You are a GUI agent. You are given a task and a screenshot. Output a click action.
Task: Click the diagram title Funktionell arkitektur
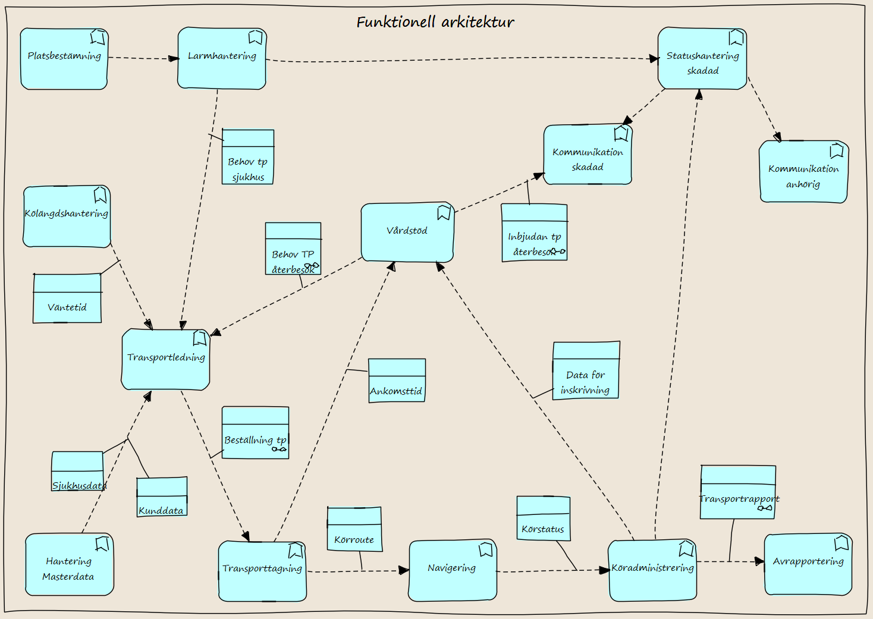click(435, 22)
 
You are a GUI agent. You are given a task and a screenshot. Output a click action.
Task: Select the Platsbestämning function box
click(64, 59)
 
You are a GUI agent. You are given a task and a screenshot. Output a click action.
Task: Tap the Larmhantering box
click(222, 58)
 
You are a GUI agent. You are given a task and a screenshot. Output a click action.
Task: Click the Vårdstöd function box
click(408, 232)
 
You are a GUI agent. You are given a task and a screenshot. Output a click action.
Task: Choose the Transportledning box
click(166, 359)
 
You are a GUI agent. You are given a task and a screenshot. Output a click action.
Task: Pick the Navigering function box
click(453, 570)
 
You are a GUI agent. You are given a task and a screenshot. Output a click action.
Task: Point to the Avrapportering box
click(808, 564)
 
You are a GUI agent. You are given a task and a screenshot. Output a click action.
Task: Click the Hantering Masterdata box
click(70, 564)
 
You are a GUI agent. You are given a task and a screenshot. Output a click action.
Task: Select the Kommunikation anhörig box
click(803, 171)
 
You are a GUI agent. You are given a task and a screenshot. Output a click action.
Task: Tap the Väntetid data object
click(67, 298)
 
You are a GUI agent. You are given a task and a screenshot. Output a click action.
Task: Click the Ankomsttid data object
click(397, 381)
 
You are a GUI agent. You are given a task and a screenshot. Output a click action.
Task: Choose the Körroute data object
click(354, 529)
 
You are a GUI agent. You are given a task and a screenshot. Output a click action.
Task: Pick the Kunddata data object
click(162, 497)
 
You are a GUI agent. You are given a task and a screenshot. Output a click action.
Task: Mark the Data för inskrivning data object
click(586, 370)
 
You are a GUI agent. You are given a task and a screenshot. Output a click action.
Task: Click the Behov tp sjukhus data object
click(248, 157)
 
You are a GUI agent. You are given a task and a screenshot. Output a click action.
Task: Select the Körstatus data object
click(544, 519)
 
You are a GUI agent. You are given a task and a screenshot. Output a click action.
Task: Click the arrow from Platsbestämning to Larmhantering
click(143, 58)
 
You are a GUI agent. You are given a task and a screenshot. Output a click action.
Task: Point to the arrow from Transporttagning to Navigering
click(358, 571)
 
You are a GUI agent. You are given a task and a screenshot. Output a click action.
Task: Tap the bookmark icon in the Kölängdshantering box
click(100, 195)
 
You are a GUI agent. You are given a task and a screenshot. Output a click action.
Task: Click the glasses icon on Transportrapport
click(765, 508)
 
